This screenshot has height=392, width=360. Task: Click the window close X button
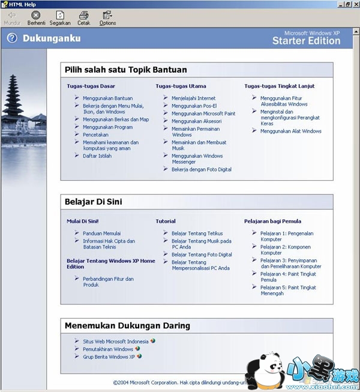[355, 4]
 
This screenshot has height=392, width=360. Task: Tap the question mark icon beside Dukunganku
[12, 38]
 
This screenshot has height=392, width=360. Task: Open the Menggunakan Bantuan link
[108, 98]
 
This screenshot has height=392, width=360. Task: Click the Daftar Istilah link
[97, 155]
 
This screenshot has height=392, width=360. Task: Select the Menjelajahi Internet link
[193, 98]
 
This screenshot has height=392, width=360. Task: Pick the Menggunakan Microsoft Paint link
[203, 113]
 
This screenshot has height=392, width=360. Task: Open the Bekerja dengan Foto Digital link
[202, 169]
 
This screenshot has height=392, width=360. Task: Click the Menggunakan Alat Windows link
[291, 131]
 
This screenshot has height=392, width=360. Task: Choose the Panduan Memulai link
[101, 234]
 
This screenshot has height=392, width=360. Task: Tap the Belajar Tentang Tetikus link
[197, 234]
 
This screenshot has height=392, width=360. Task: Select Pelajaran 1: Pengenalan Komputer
[287, 237]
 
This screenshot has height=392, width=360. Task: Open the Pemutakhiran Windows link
[108, 349]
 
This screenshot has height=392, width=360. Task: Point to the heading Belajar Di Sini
[94, 202]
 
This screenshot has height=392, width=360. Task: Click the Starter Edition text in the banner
[306, 41]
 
